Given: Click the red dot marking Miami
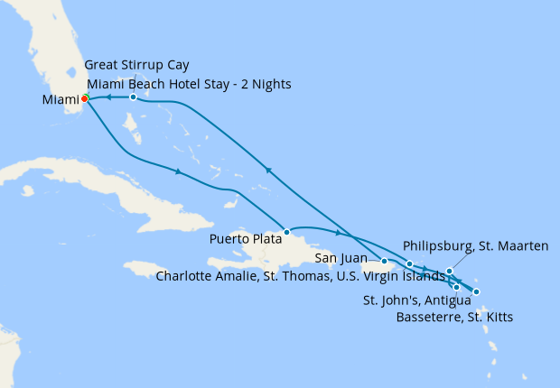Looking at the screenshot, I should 84,99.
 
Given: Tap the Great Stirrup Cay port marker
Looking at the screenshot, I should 133,97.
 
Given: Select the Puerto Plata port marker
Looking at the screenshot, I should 285,231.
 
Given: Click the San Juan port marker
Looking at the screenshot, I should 384,261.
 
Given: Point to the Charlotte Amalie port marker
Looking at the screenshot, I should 410,264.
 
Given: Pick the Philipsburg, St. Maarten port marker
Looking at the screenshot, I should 449,271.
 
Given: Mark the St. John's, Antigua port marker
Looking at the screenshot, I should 476,291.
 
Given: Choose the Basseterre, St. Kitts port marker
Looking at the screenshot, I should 456,287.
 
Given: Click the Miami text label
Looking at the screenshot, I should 60,99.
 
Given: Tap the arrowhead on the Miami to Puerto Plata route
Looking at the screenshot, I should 178,171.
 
